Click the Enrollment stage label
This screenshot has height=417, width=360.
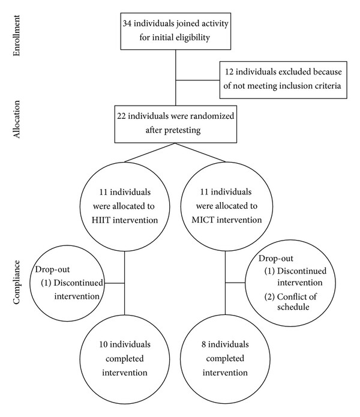pyautogui.click(x=16, y=35)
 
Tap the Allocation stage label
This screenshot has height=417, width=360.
pyautogui.click(x=16, y=119)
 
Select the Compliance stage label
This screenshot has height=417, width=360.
pyautogui.click(x=16, y=282)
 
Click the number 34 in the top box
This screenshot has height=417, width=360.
pyautogui.click(x=127, y=23)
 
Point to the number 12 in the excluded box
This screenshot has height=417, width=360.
pyautogui.click(x=229, y=72)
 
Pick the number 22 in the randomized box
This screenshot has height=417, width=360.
pyautogui.click(x=121, y=116)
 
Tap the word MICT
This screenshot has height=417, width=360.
pyautogui.click(x=201, y=220)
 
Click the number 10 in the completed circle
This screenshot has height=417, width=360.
pyautogui.click(x=103, y=344)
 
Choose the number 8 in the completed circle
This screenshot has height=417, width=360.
pyautogui.click(x=203, y=344)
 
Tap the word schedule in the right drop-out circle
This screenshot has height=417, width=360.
pyautogui.click(x=293, y=307)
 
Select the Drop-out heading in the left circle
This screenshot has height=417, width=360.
pyautogui.click(x=52, y=269)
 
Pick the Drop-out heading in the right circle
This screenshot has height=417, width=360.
pyautogui.click(x=276, y=259)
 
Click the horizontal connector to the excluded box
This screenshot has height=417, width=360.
pyautogui.click(x=197, y=80)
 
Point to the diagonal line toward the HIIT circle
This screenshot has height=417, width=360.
pyautogui.click(x=149, y=152)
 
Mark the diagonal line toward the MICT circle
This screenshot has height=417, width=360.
pyautogui.click(x=200, y=152)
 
